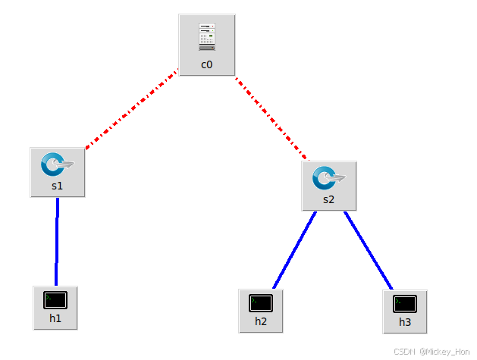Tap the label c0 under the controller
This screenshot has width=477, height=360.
coord(207,65)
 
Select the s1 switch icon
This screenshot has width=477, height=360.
coord(57,164)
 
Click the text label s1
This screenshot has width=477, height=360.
coord(58,186)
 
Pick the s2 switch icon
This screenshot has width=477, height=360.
coord(328,178)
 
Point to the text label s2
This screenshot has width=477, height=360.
coord(328,200)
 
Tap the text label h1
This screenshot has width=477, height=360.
coord(55,319)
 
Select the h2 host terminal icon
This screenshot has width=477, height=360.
coord(260,303)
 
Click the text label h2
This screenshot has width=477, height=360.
coord(260,322)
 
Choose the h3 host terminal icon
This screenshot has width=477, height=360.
coord(405,304)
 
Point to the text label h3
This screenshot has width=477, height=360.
coord(405,323)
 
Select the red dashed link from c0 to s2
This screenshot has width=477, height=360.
coord(271,117)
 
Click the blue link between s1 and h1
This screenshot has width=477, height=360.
coord(57,241)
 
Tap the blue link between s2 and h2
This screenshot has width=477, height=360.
coord(294,250)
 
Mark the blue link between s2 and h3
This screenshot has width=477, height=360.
coord(369,250)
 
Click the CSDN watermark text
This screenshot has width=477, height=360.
coord(405,352)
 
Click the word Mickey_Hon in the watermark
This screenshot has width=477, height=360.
coord(450,352)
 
